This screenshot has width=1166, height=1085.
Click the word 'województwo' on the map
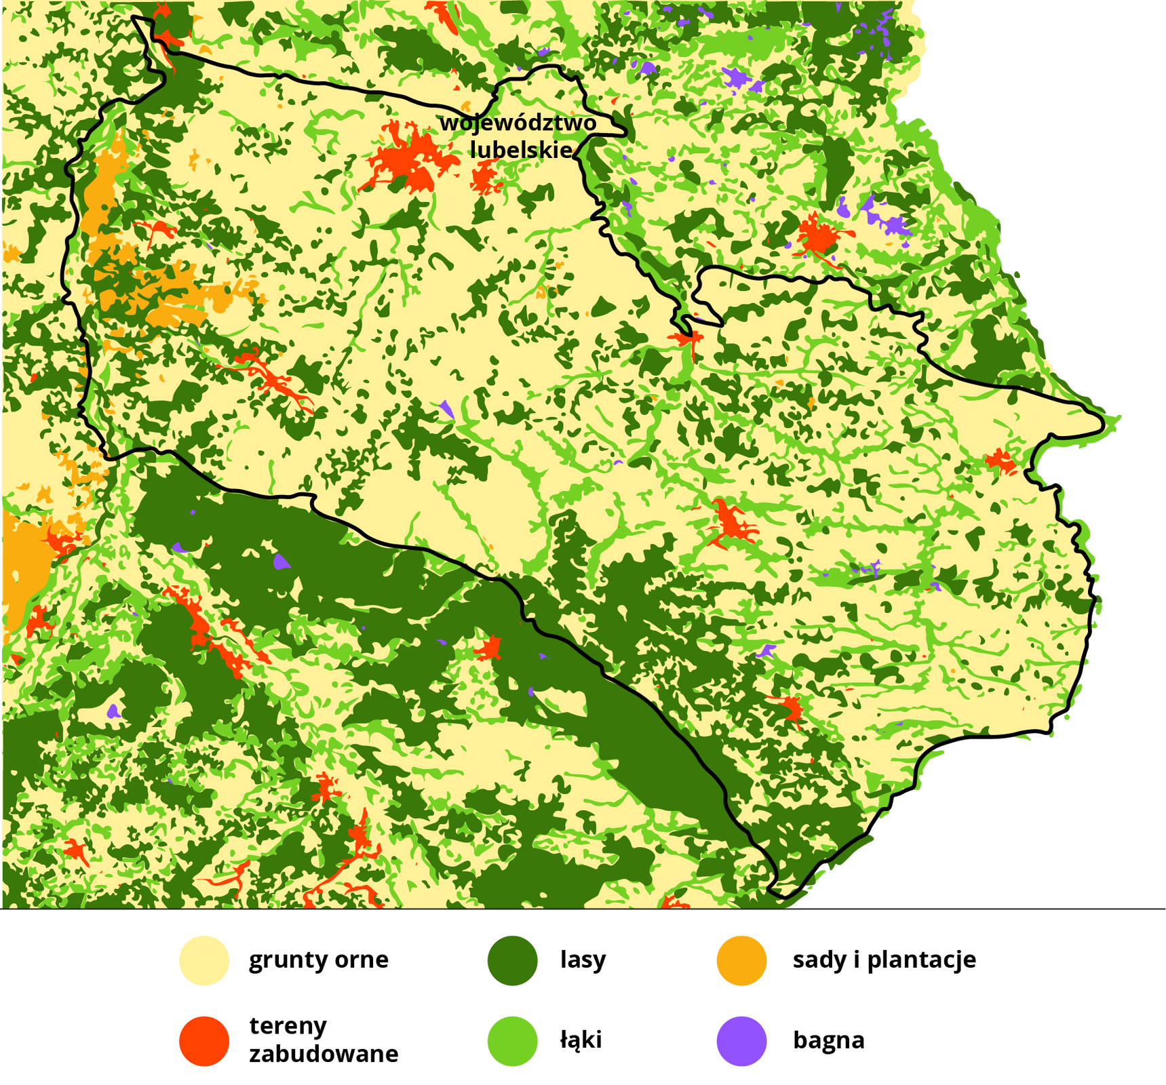pos(518,123)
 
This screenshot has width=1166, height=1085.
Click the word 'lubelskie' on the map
pos(521,150)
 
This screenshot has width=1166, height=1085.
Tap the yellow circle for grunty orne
pos(204,960)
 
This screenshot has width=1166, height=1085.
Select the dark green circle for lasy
pos(512,960)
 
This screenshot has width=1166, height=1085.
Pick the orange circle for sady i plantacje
pos(741,960)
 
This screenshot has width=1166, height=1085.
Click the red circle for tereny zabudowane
pos(204,1041)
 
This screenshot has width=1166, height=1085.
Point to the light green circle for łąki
pos(512,1041)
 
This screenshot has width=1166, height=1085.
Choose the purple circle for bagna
pos(741,1041)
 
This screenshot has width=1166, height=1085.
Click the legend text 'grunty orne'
pos(318,960)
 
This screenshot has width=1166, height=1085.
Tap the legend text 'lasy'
pos(583,960)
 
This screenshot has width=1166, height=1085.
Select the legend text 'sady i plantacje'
pos(884,960)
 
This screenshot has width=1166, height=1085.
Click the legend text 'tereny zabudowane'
pos(323,1040)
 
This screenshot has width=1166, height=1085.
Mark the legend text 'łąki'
pos(581,1040)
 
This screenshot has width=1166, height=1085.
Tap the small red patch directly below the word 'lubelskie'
pos(484,178)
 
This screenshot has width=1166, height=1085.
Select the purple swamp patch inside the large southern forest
pos(280,562)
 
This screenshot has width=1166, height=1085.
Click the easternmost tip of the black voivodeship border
pos(1102,425)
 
